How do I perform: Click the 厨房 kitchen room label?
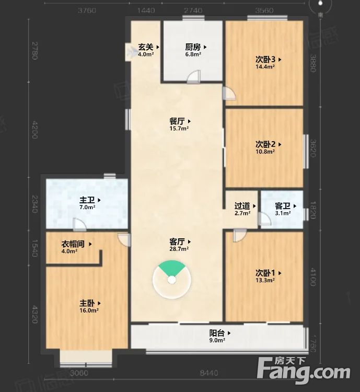pyautogui.click(x=193, y=47)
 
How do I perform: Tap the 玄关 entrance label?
pyautogui.click(x=146, y=47)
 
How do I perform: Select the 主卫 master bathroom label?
pyautogui.click(x=87, y=200)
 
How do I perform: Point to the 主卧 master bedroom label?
pyautogui.click(x=87, y=303)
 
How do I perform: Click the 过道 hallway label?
pyautogui.click(x=242, y=206)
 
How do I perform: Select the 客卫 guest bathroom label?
pyautogui.click(x=283, y=206)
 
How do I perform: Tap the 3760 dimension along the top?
pyautogui.click(x=87, y=10)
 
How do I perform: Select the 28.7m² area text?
pyautogui.click(x=178, y=249)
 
